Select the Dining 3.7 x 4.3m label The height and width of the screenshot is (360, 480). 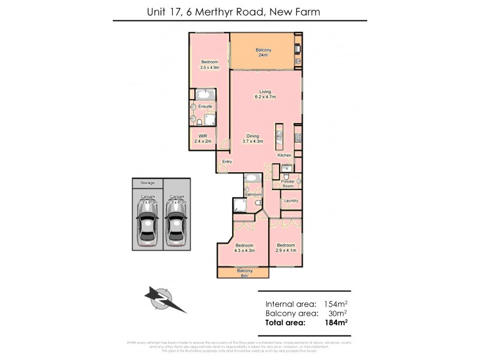[253, 138]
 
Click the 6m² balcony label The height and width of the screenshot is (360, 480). [244, 274]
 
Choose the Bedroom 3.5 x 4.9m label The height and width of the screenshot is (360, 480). [209, 65]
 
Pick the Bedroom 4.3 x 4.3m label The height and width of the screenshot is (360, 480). [245, 248]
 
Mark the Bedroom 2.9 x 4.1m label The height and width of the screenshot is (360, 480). [286, 248]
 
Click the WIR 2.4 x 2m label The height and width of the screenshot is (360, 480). [202, 139]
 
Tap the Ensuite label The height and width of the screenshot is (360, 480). [205, 107]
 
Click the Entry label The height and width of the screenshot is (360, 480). [227, 162]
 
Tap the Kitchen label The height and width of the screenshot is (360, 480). [284, 155]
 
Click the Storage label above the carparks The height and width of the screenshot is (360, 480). [147, 182]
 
